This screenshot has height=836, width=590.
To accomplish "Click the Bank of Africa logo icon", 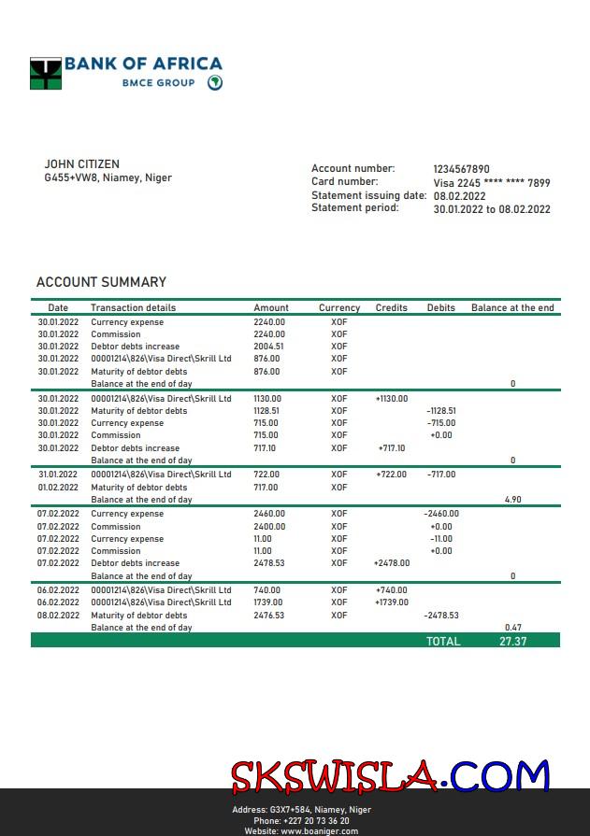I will point(45,74).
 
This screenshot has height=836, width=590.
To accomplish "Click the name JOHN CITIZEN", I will point(82,164).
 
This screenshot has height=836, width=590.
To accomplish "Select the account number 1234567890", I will point(461,169).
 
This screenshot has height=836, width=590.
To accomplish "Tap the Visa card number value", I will point(492,183).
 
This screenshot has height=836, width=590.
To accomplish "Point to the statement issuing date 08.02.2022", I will point(459,196).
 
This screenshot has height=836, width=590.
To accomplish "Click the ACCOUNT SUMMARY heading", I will point(101,282).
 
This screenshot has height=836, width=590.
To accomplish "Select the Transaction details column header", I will point(133,307).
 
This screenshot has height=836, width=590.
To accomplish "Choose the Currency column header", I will point(338,307).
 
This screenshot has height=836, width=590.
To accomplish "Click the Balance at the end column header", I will point(512,307).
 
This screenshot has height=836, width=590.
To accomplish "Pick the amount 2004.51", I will point(268,347).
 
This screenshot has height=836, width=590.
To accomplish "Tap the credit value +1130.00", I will point(391,399).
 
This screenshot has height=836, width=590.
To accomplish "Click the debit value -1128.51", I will point(440,411).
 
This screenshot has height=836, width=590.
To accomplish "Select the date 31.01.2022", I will point(58,475).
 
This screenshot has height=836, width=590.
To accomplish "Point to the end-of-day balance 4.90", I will point(512,500).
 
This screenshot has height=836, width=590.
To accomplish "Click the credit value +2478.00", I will point(391,563).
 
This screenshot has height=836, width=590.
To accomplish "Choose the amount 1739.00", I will point(267,602).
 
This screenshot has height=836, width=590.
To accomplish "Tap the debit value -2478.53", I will point(441,616).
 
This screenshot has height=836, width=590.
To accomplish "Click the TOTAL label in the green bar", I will point(443,642).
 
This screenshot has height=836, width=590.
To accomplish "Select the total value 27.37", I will point(513,642).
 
